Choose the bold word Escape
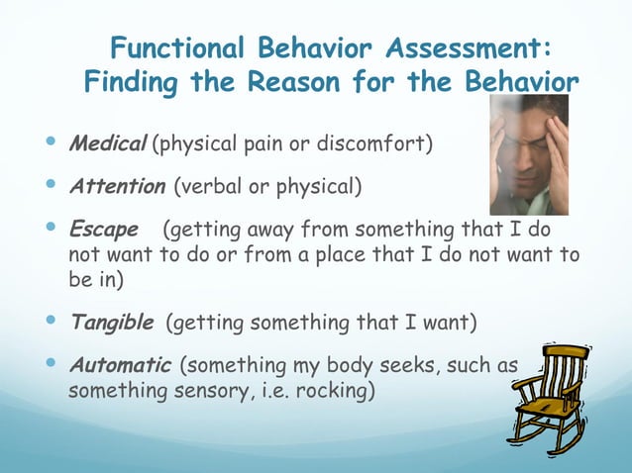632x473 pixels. pos(102,231)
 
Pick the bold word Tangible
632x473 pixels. pos(111,323)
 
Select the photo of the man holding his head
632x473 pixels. pos(529,154)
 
